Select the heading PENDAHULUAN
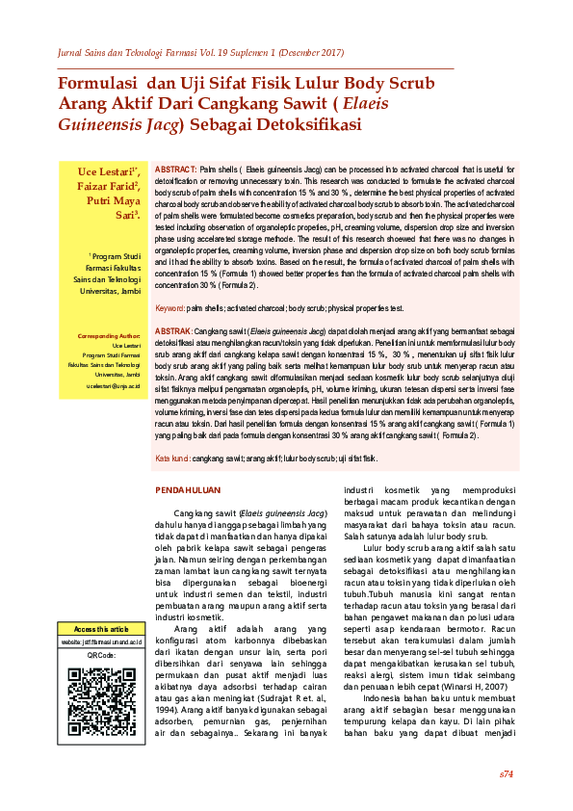(189, 490)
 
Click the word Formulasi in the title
(96, 84)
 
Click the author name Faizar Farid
(108, 186)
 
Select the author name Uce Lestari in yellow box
(107, 170)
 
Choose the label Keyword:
(170, 308)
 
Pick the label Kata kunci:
(173, 458)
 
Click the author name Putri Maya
(113, 201)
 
